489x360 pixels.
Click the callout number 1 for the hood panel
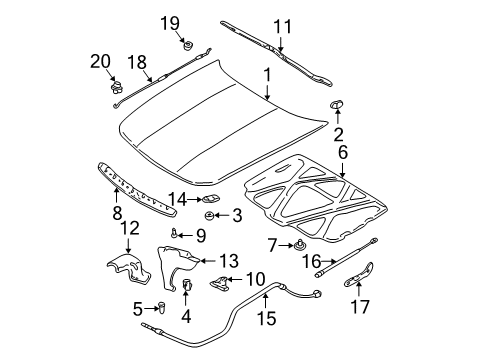tap(267, 75)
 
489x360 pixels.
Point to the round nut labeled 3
tap(210, 214)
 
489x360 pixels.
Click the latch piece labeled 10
tap(219, 284)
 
